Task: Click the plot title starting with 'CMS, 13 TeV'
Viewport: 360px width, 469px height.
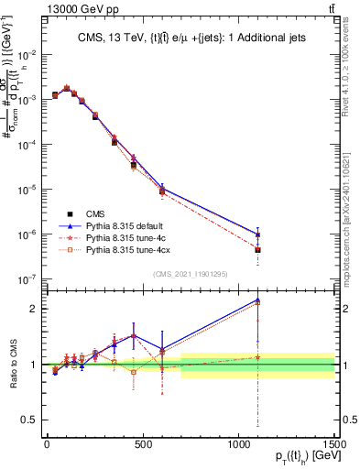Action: (191, 38)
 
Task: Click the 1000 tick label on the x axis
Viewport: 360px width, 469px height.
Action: (238, 445)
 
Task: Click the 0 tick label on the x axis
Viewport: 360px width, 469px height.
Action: (47, 445)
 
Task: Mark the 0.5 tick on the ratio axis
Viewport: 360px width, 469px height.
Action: (33, 420)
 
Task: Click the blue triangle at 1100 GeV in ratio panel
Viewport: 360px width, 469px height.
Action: (258, 300)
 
